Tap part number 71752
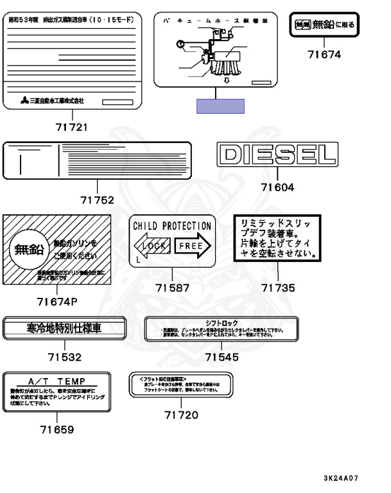98,200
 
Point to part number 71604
277,187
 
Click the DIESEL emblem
277,154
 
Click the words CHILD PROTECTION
171,227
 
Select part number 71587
173,288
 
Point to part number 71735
278,288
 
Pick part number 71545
222,357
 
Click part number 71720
182,415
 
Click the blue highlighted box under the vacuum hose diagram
221,106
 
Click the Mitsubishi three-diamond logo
23,101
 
